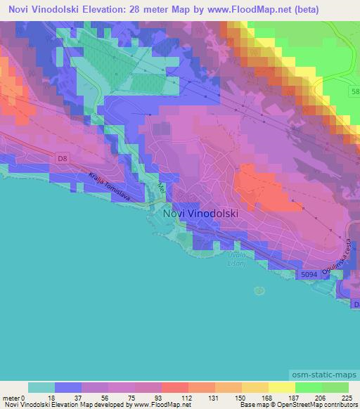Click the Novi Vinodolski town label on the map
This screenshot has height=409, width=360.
[x=200, y=213]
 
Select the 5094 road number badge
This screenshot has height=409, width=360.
[x=306, y=273]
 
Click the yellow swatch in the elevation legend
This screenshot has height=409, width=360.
[x=281, y=387]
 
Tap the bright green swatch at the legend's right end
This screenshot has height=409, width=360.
[x=335, y=387]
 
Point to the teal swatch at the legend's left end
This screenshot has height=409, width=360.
[x=41, y=387]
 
